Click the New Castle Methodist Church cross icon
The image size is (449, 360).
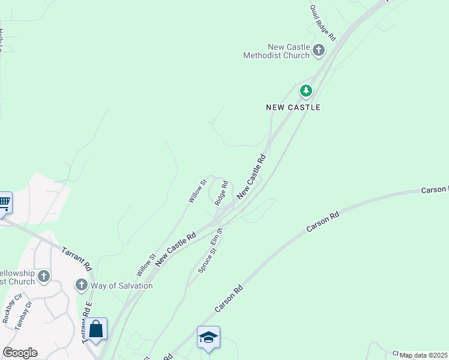318,50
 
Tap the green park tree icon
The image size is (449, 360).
307,91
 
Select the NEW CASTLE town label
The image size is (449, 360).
293,107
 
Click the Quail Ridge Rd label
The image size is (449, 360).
323,23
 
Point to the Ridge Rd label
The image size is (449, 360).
221,194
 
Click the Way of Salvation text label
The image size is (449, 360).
122,286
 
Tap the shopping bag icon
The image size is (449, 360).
95,329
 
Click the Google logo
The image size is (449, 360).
20,353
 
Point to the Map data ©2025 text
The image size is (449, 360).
423,355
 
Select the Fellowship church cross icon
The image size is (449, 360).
43,277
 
